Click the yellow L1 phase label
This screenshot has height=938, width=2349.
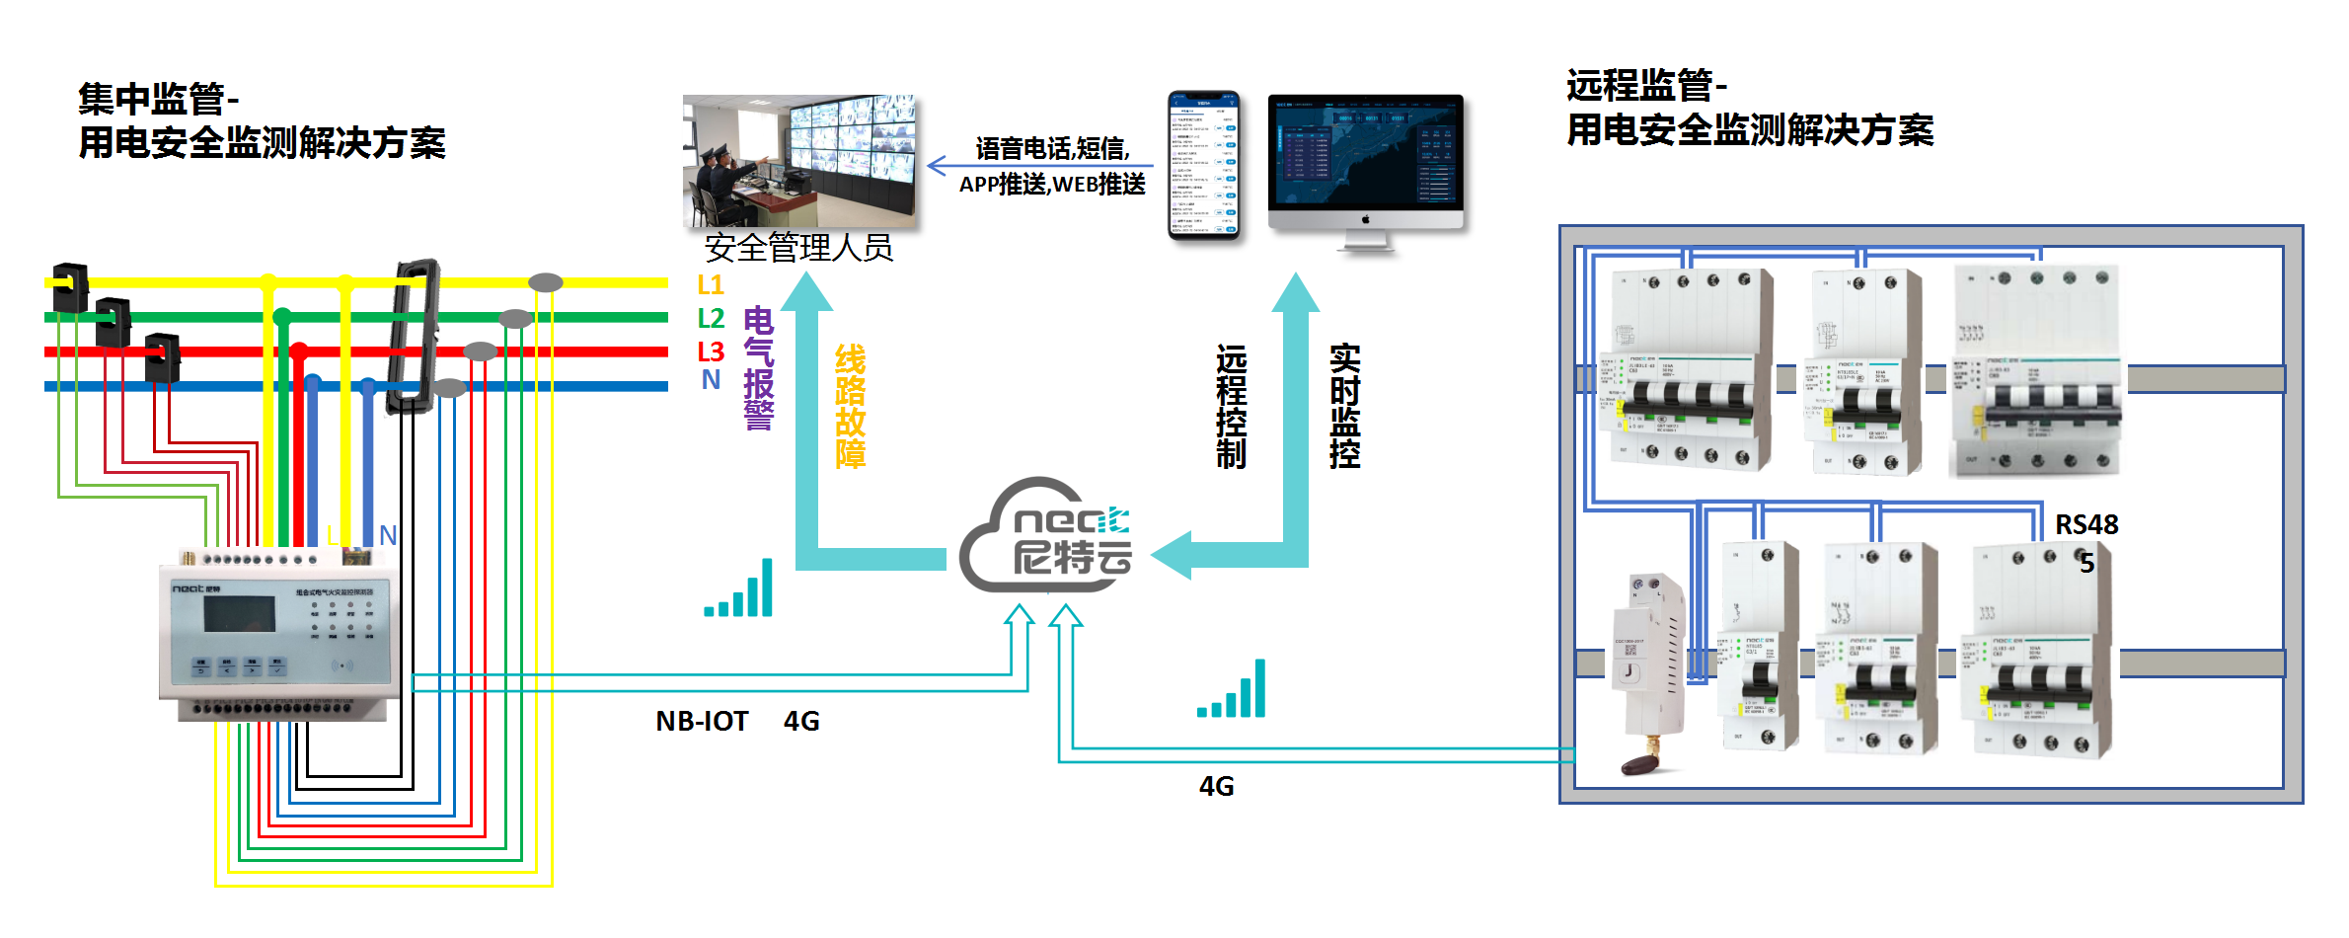710,285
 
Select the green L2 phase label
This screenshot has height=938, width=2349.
710,318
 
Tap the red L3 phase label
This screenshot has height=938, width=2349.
710,352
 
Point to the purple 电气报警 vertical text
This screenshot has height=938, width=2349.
758,368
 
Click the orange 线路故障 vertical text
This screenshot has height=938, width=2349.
850,406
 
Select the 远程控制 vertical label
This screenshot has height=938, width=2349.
1231,406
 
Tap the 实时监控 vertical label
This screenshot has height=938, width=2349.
1344,406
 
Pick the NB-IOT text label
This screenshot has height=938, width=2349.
702,721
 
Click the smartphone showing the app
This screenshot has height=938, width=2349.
1203,165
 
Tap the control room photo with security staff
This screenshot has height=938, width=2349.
798,161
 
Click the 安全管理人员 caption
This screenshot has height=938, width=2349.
798,247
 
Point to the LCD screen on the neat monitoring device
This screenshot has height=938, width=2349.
239,614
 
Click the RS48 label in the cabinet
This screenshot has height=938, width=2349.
2085,525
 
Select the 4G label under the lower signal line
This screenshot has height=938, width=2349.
1216,786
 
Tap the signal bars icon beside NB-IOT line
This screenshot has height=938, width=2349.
739,589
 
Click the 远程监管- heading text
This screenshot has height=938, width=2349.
1645,86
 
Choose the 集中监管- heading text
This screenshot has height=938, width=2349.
158,99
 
